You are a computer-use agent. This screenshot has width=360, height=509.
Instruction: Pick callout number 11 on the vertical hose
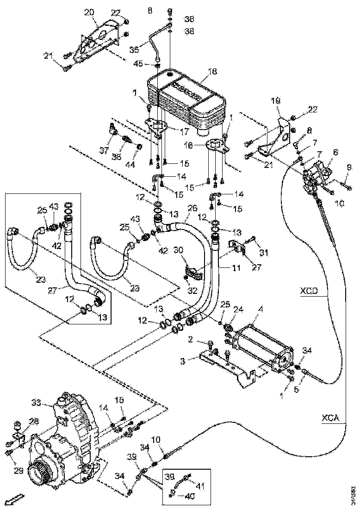pyautogui.click(x=224, y=268)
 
